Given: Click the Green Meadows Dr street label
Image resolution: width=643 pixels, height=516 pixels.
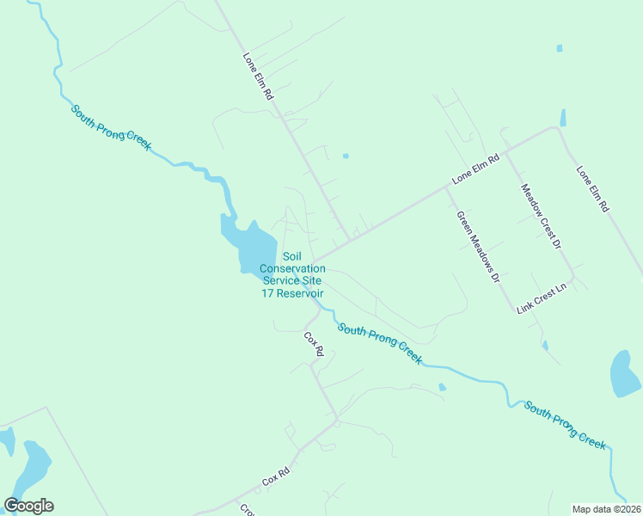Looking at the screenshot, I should tap(478, 248).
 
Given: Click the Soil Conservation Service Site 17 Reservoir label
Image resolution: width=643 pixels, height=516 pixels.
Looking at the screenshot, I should tap(292, 274).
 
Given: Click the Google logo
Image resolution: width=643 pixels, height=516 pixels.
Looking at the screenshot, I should tap(28, 506).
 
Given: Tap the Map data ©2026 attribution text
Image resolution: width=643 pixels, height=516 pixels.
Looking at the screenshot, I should tap(607, 508).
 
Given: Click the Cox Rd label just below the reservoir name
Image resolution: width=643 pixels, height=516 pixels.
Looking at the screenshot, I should tap(314, 344).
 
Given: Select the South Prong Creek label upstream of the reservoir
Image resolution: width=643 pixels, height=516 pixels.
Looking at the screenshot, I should tap(111, 127).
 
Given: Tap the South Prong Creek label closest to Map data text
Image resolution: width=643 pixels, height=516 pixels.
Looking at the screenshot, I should tap(566, 425).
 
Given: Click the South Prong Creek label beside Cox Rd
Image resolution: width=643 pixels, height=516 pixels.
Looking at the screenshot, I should tap(379, 342).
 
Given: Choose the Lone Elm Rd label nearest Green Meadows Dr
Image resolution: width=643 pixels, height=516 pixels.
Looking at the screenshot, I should tap(475, 169).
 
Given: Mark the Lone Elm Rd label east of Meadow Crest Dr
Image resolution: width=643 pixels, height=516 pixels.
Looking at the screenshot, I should tap(592, 189).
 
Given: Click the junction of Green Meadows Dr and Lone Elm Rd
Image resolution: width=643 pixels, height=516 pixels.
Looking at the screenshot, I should tap(444, 187).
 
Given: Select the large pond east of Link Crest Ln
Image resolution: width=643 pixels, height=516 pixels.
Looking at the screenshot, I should tap(624, 374).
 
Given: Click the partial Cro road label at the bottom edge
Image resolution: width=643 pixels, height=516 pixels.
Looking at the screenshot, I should tap(245, 509).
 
